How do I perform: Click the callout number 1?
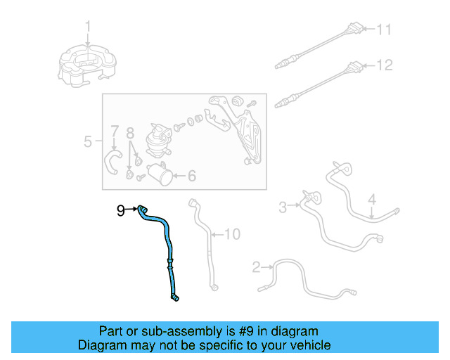[89, 27]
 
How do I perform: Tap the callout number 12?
[383, 65]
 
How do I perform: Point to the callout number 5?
[88, 142]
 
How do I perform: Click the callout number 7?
[114, 131]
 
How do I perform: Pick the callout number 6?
[191, 176]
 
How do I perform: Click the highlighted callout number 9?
[120, 210]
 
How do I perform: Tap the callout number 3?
[283, 207]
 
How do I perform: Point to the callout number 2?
[257, 266]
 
